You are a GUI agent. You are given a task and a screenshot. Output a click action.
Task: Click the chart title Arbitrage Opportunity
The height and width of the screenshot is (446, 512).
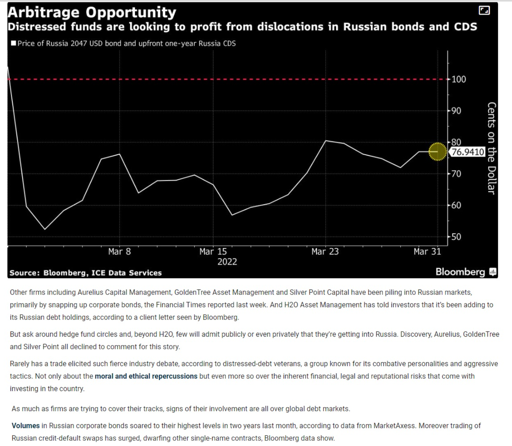click(92, 12)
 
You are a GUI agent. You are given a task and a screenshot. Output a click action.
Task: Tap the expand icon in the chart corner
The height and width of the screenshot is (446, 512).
click(484, 11)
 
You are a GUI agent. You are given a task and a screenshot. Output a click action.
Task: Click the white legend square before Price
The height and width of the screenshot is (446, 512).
click(13, 44)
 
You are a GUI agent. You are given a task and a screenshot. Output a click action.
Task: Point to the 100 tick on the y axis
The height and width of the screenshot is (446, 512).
click(459, 79)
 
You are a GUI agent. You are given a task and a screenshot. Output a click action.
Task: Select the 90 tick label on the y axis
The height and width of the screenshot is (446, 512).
click(456, 111)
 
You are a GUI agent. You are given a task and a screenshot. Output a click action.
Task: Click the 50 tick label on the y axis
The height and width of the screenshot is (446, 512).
click(456, 237)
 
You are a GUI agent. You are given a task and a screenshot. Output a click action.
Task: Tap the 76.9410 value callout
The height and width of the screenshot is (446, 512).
click(467, 152)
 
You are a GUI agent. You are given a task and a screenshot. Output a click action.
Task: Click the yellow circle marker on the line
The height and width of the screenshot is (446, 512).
click(437, 152)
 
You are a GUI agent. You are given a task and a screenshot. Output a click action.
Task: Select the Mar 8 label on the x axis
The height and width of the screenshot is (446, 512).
click(119, 252)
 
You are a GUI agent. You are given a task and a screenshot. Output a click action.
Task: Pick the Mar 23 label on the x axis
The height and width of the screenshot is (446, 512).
click(325, 252)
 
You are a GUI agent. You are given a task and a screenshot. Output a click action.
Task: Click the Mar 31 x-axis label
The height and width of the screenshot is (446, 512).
click(427, 252)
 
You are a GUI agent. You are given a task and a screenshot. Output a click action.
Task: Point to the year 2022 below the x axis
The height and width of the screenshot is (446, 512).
click(227, 262)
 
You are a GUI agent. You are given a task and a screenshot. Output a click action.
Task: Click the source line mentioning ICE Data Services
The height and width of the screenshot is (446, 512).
click(86, 273)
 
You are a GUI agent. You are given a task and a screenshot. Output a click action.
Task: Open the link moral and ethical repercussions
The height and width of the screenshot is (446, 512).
click(146, 376)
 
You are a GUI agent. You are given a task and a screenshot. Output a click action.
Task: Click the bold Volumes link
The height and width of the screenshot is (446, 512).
click(26, 426)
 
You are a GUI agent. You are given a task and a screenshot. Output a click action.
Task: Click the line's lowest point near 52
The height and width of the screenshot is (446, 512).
click(45, 229)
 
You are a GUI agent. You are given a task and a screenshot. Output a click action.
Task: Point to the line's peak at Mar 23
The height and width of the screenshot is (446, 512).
click(326, 141)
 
